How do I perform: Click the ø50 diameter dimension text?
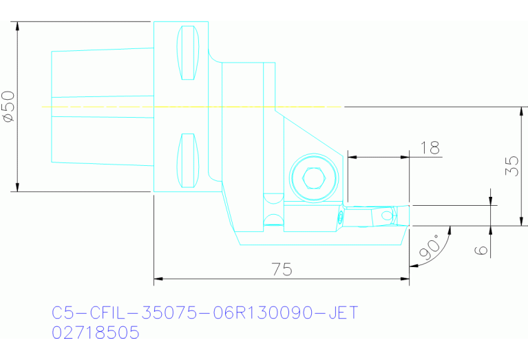click(8, 107)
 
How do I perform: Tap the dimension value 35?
click(511, 166)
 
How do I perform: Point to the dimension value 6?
click(482, 249)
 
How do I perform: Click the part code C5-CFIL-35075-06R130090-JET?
click(205, 313)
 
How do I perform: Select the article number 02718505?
click(96, 333)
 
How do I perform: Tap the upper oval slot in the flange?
click(187, 53)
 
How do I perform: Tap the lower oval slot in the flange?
click(187, 160)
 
